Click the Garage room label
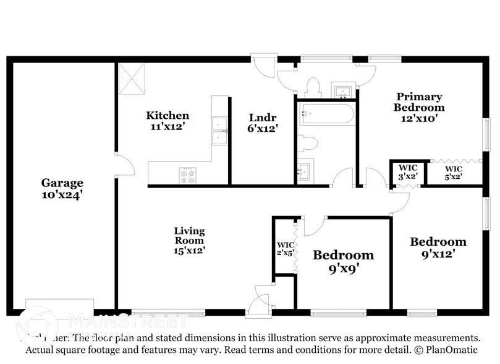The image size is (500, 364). point(62,183)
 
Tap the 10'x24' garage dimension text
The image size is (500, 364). point(62,194)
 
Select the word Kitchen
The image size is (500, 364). point(167,115)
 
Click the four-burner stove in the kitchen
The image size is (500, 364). point(188,175)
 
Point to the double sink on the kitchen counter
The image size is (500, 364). point(219,130)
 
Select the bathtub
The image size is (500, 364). point(326,115)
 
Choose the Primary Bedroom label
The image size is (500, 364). point(419,102)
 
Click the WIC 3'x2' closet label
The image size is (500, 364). point(408,172)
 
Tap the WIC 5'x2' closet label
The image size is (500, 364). point(454,172)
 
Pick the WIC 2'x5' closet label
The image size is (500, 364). point(285,248)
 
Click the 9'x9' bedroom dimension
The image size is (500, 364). point(343,269)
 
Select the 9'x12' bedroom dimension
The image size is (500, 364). point(438,253)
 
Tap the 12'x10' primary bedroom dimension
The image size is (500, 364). point(419,118)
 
